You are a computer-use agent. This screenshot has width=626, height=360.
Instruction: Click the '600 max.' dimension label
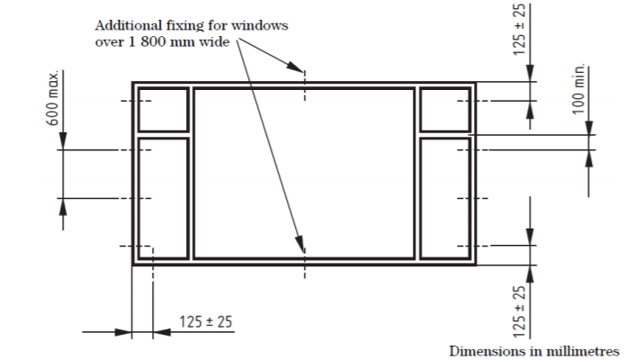(53, 98)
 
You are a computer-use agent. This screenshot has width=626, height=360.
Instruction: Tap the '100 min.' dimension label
(579, 89)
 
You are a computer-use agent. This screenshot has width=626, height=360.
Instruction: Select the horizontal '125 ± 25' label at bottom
(206, 321)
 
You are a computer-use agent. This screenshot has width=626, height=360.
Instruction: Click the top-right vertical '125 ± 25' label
(519, 30)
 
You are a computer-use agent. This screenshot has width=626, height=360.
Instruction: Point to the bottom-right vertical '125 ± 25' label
(519, 311)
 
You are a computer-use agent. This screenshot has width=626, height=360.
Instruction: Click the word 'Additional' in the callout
(128, 25)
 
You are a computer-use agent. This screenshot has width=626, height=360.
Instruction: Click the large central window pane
(304, 174)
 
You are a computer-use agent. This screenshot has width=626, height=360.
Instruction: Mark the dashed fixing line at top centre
(305, 85)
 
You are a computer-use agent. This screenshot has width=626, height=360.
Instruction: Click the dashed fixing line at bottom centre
(305, 264)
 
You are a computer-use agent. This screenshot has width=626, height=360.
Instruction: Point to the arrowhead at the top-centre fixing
(295, 67)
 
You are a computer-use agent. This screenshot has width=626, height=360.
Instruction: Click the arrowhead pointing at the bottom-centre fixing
(300, 243)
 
